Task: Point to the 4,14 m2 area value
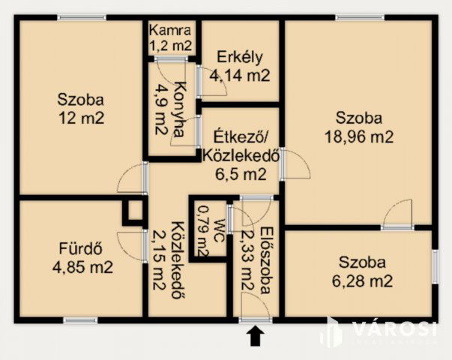click(x=239, y=75)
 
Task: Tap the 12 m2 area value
click(x=81, y=117)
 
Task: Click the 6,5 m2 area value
click(x=241, y=175)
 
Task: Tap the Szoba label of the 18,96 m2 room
click(x=359, y=118)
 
